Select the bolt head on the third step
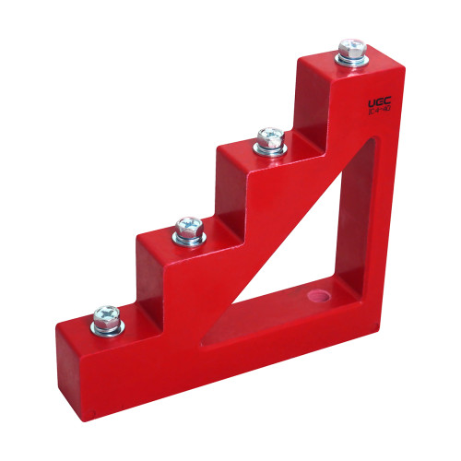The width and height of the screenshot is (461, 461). click(x=270, y=137)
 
